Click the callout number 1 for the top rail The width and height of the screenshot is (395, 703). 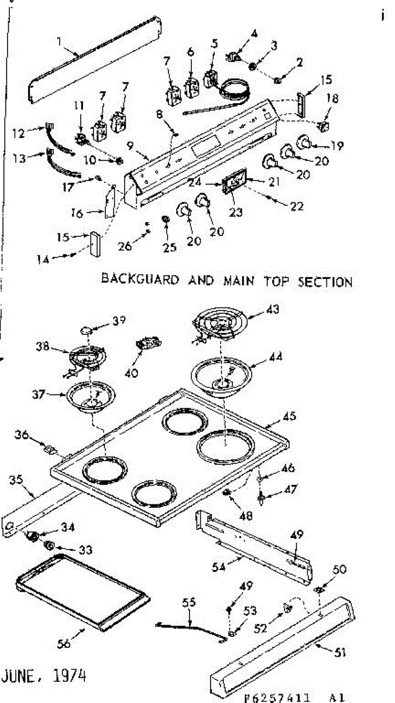pyautogui.click(x=60, y=41)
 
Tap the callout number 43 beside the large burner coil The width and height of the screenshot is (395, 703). pyautogui.click(x=273, y=309)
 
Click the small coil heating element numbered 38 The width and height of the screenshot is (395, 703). pyautogui.click(x=87, y=359)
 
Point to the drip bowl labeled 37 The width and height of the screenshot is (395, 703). pyautogui.click(x=91, y=397)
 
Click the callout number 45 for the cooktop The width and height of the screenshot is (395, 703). pyautogui.click(x=289, y=416)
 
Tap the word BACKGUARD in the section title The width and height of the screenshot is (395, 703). pyautogui.click(x=140, y=279)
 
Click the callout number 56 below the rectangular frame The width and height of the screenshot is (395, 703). pyautogui.click(x=64, y=644)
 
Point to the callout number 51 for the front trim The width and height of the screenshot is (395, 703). pyautogui.click(x=340, y=653)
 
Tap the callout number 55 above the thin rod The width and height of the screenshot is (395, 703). pyautogui.click(x=188, y=602)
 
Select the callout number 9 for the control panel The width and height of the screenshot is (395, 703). pyautogui.click(x=130, y=145)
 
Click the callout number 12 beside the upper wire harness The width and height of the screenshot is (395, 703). pyautogui.click(x=18, y=134)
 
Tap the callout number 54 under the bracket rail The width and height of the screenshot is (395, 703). pyautogui.click(x=219, y=567)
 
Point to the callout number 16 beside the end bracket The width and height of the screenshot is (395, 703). pyautogui.click(x=77, y=213)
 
